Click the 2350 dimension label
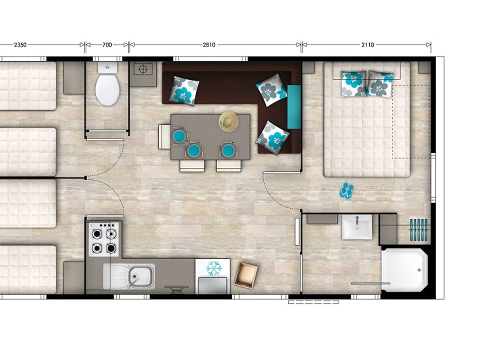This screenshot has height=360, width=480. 20,44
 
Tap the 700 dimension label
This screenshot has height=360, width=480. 107,44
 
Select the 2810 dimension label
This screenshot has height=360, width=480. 209,44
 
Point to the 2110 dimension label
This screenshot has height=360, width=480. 367,44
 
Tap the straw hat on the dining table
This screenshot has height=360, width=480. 228,122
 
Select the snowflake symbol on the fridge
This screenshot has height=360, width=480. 214,268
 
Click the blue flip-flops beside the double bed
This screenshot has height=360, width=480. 346,190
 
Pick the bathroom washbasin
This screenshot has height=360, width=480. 357,227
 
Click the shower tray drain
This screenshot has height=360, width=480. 419,270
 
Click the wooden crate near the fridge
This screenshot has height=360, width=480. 246,274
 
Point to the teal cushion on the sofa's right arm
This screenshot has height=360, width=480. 294,107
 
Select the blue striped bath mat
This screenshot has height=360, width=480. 418,230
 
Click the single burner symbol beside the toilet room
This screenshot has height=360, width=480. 143,69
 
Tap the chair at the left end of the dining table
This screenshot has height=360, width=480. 164,137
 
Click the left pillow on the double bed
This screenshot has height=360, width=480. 353,84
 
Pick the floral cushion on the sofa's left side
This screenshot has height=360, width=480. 184,90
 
